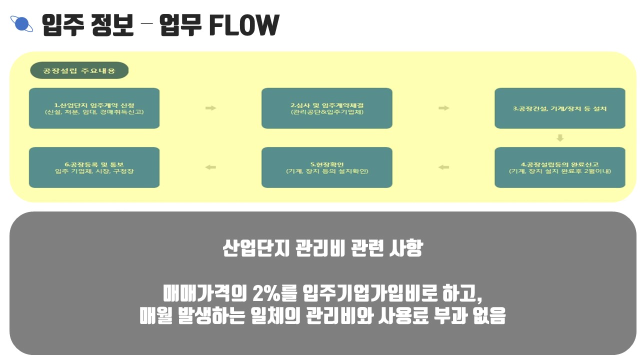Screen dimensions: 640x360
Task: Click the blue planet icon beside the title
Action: coord(21,24)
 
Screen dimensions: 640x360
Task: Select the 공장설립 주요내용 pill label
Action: coord(79,70)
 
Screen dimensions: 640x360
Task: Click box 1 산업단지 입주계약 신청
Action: coord(94,108)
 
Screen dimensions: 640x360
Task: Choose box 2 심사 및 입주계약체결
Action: coord(326,108)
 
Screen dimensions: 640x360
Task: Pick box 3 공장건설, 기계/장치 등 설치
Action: coord(559,108)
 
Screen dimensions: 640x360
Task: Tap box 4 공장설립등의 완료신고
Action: coord(559,167)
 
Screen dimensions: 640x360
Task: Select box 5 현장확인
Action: coord(326,167)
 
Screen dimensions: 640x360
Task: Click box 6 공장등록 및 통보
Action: coord(94,167)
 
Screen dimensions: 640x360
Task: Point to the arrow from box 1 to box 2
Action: coord(210,108)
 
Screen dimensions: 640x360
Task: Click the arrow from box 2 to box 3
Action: coord(443,108)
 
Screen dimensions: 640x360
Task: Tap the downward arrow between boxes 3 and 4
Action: coord(560,137)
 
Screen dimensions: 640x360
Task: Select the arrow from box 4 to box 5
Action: coord(443,167)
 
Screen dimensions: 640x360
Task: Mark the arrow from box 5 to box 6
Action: coord(210,167)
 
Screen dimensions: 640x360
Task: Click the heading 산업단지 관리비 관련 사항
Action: coord(322,248)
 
